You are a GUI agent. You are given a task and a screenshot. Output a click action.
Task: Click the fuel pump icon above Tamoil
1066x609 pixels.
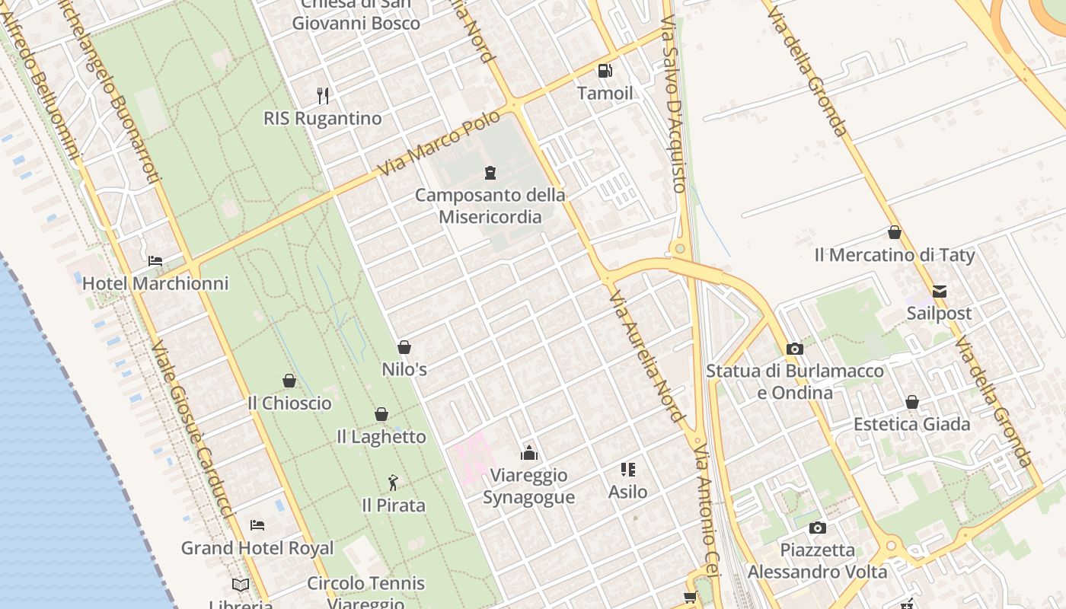[605, 71]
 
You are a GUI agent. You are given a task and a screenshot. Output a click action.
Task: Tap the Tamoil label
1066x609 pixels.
[605, 94]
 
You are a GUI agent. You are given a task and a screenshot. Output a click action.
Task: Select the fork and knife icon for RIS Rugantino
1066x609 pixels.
[323, 96]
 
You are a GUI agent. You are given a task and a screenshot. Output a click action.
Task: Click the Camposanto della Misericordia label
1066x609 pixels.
[490, 206]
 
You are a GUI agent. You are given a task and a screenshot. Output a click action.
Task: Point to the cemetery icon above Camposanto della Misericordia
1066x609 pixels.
[490, 173]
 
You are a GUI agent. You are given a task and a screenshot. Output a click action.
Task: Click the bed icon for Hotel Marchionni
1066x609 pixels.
[155, 261]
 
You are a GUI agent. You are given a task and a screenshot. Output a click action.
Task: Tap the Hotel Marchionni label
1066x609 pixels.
[155, 284]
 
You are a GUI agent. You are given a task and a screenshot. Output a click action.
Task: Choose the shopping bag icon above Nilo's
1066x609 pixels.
[404, 347]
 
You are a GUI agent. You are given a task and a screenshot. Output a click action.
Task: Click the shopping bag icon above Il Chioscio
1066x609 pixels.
[289, 381]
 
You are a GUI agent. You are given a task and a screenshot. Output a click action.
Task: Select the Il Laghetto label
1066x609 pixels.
[381, 437]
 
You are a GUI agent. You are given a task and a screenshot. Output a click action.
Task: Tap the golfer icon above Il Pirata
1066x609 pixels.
[393, 483]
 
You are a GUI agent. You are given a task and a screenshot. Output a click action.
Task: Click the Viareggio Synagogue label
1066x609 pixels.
[529, 486]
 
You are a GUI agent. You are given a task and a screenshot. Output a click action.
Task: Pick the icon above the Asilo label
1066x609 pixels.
[628, 470]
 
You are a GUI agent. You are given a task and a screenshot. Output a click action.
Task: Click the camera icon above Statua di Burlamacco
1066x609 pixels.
[795, 349]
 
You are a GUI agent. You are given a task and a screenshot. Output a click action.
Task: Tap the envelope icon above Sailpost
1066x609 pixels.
[940, 292]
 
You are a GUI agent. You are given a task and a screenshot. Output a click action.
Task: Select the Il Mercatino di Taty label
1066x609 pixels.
[895, 255]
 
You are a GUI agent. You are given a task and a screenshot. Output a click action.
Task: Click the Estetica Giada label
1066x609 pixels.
[912, 424]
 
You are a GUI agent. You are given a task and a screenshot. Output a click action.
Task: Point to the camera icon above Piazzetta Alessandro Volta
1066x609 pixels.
[817, 528]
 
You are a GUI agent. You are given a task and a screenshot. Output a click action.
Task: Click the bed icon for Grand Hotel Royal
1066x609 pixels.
[257, 525]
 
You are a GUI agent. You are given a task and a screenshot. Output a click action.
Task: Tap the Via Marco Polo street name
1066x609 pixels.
[439, 142]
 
